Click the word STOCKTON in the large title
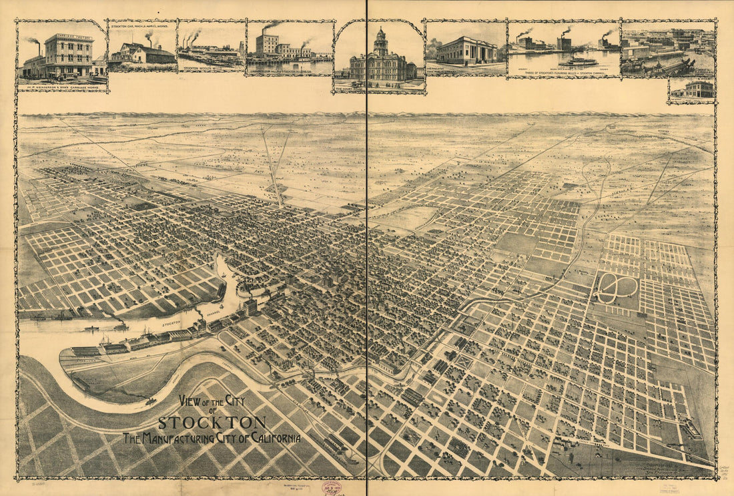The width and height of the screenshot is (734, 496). (212, 423)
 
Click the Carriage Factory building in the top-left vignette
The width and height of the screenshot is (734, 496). (69, 54)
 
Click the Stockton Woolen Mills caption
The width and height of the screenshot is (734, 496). (210, 68)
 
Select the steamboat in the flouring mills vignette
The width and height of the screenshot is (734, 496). (578, 61)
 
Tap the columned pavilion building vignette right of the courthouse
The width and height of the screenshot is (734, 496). (467, 51)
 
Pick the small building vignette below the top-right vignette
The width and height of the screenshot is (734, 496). (692, 90)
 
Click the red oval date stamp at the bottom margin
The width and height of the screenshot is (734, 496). (332, 488)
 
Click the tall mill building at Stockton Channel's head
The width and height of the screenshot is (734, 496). (250, 307)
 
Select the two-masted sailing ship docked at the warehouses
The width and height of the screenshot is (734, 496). (105, 340)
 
